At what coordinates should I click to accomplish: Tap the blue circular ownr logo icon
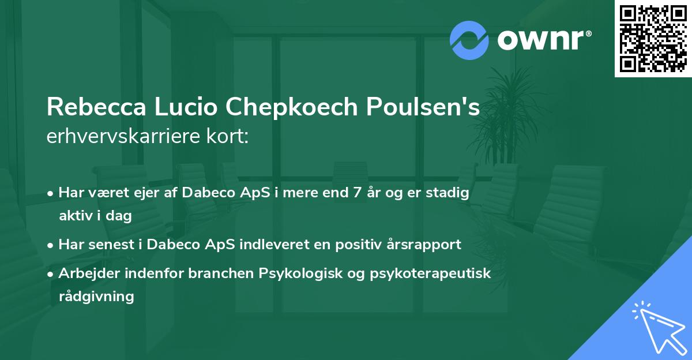[469, 40]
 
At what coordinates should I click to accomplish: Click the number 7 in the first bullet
[358, 193]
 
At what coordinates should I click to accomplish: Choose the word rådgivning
[96, 297]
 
